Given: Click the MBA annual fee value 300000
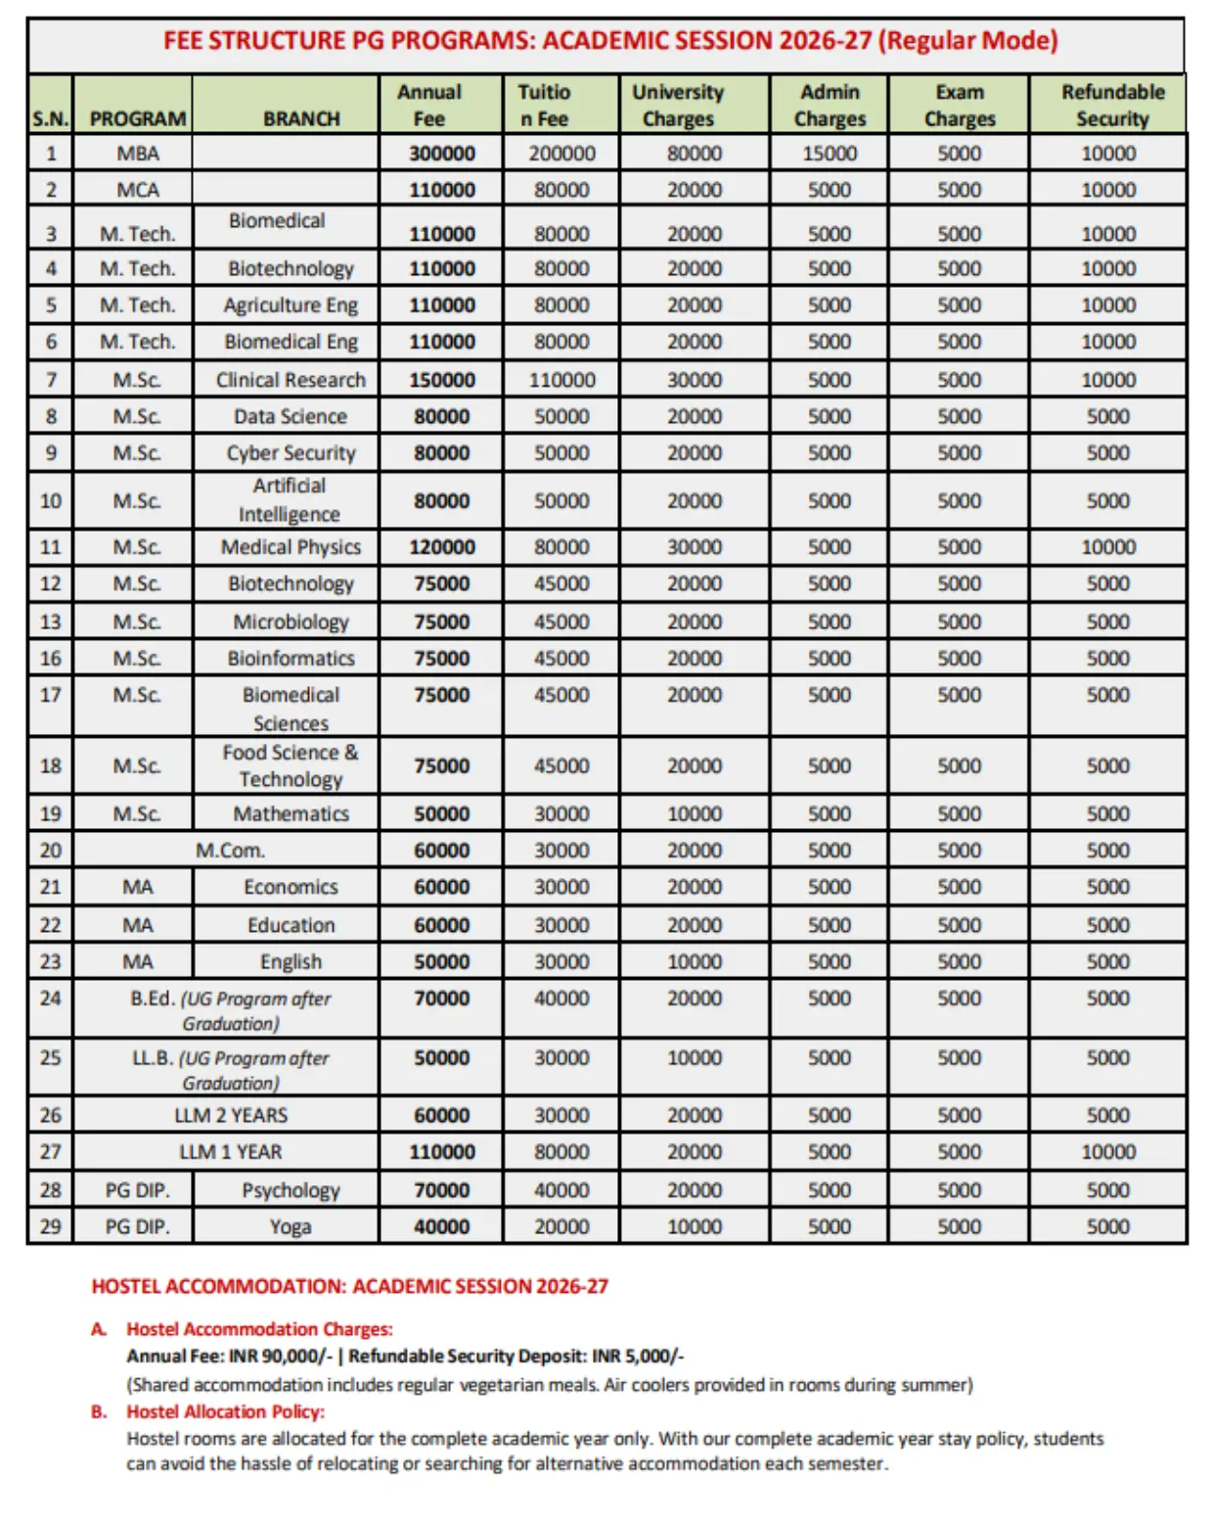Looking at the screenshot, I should coord(441,154).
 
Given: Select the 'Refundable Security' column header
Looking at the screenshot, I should coord(1112,105).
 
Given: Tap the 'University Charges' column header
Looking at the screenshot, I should coord(677,105).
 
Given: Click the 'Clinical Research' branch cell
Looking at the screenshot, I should coord(291,380).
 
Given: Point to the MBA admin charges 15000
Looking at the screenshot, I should coord(829,154).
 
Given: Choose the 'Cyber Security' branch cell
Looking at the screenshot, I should coord(291,453).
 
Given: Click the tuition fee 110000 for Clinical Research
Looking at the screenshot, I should coord(561,380).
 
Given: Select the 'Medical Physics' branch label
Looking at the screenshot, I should coord(291,547).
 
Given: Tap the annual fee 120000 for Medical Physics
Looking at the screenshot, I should coord(441,547).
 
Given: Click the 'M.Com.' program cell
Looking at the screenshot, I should coord(230,851).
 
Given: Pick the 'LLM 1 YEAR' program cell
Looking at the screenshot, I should coord(230,1152).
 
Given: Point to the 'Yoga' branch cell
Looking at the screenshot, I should coord(291,1226).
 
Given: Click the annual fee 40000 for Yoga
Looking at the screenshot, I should coord(441,1226).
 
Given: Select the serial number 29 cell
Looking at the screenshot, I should coord(51,1226).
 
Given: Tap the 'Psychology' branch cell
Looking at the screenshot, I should coord(291,1190).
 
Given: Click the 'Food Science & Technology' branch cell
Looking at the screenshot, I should coord(291,765).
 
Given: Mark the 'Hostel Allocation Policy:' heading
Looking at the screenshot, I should coord(225,1411).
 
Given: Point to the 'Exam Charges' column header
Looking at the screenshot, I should coord(959,105).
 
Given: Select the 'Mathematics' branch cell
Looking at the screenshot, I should coord(291,813).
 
